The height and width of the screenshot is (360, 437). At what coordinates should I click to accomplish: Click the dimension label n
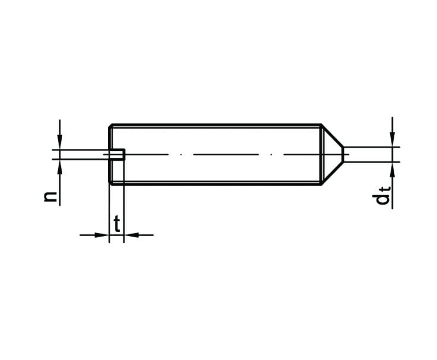click(50, 196)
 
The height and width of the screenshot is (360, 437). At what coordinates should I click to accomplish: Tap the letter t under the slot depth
click(117, 224)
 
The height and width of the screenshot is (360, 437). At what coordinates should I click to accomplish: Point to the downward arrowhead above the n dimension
click(60, 142)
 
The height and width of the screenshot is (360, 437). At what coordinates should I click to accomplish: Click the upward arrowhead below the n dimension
click(60, 167)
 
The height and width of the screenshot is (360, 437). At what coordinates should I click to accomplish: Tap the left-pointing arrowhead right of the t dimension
click(132, 235)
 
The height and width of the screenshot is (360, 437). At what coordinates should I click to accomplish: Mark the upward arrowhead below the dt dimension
click(392, 170)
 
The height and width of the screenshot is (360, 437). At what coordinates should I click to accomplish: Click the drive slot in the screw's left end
click(117, 154)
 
